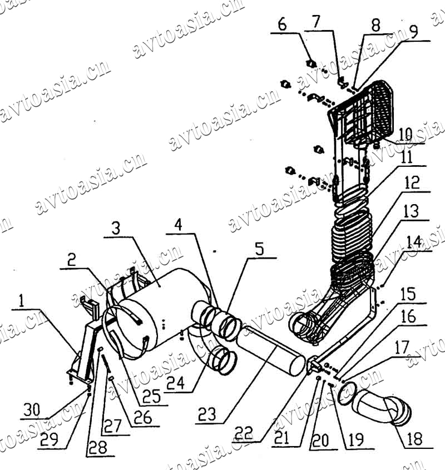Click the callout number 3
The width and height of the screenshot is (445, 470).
(x=116, y=229)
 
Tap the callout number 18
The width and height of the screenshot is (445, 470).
(x=414, y=439)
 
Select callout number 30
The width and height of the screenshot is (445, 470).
(x=32, y=409)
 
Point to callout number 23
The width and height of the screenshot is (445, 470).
(x=207, y=414)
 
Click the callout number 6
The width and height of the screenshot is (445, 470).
(x=282, y=24)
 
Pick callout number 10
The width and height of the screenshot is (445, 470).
(x=405, y=134)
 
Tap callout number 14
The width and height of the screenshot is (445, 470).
(x=414, y=241)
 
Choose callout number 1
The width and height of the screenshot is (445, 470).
(x=21, y=301)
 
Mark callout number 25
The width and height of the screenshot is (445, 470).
(x=151, y=396)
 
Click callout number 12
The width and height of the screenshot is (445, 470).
(x=412, y=183)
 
